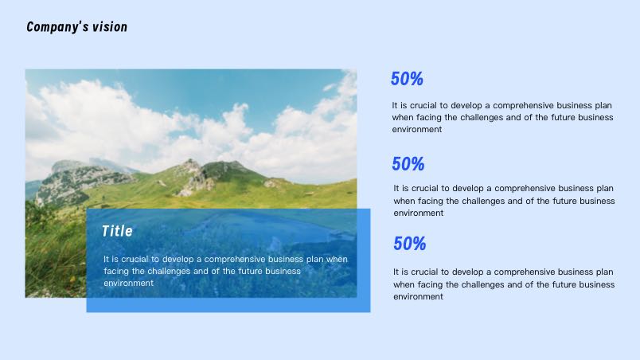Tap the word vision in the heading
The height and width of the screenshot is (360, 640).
coord(110,27)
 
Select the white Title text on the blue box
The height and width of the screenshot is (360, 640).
coord(117,231)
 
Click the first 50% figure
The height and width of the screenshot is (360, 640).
coord(407,79)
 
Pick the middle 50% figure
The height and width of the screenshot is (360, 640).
coord(408,164)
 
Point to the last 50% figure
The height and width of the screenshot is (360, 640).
coord(410,244)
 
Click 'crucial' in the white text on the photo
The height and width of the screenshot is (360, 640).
coord(136,259)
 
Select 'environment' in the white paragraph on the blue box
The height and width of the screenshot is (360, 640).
coord(129,283)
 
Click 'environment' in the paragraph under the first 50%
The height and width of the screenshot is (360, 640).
coord(417,129)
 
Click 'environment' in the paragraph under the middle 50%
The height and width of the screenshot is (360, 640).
coord(419,213)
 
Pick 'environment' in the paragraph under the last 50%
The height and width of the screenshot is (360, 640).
coord(418,297)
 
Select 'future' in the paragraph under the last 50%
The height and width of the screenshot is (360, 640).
coord(564,284)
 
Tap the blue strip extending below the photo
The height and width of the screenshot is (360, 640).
coord(228,305)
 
